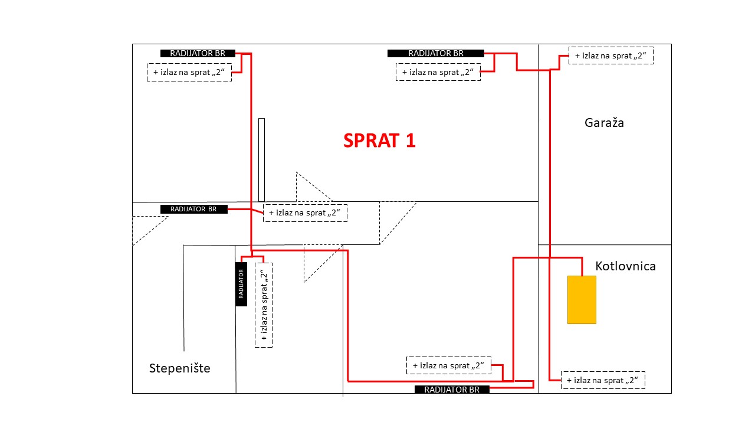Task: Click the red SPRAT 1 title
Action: point(379,140)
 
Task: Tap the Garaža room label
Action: point(604,122)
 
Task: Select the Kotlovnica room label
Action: point(625,266)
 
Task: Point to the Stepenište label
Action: point(180,368)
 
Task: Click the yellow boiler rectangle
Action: point(582,300)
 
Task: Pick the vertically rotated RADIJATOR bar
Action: point(241,284)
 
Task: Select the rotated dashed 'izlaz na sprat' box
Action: point(264,305)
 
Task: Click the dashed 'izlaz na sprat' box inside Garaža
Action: point(610,55)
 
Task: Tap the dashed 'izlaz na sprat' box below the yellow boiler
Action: point(603,380)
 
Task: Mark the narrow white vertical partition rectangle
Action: point(261,160)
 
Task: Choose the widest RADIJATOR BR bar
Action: point(436,53)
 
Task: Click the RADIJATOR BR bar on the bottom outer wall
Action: point(452,390)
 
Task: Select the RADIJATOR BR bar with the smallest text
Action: point(194,209)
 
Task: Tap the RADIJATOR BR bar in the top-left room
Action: point(198,53)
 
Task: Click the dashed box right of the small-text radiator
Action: point(305,213)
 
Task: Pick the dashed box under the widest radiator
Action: point(438,72)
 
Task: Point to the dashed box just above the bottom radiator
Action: point(449,365)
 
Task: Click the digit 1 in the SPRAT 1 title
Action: point(411,140)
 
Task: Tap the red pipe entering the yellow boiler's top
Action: point(582,267)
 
